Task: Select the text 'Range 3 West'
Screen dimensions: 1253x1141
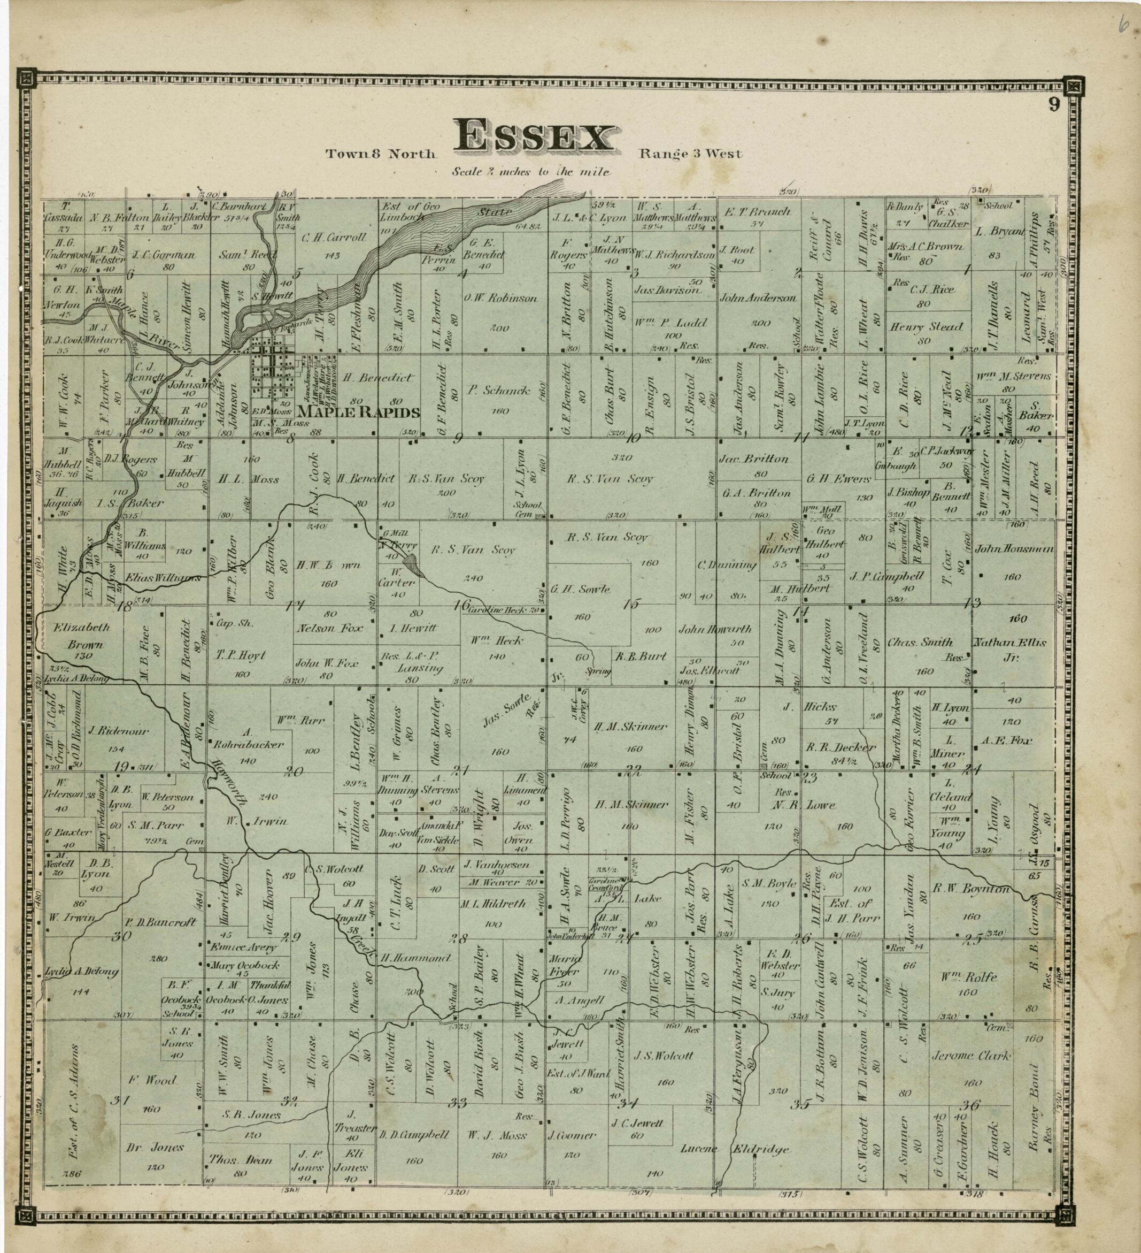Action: [x=689, y=154]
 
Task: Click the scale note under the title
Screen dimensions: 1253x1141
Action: [x=531, y=172]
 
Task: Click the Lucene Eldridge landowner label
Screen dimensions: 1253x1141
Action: [x=737, y=1149]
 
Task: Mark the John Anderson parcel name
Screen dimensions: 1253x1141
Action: [x=757, y=299]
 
